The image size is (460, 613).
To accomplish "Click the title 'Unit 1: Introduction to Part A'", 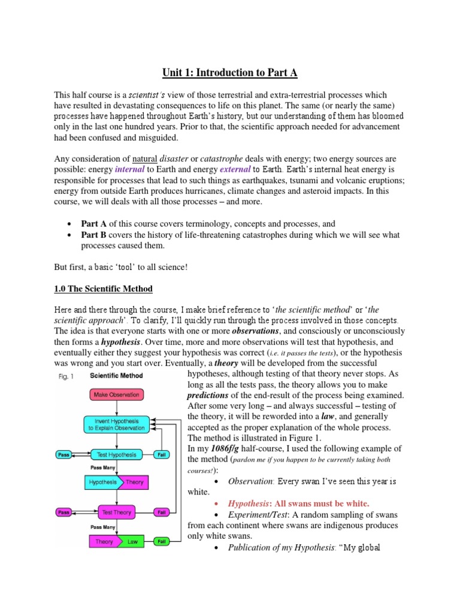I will pyautogui.click(x=230, y=73).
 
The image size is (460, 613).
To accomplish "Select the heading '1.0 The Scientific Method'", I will pyautogui.click(x=104, y=289).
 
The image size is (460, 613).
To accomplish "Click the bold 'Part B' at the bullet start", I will pyautogui.click(x=94, y=235).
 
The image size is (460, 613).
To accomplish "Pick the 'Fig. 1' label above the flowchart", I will pyautogui.click(x=63, y=376).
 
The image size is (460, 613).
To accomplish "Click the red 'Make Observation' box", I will pyautogui.click(x=116, y=395).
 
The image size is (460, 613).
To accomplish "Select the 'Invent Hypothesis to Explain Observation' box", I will pyautogui.click(x=116, y=424).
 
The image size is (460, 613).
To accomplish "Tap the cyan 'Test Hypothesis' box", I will pyautogui.click(x=116, y=454).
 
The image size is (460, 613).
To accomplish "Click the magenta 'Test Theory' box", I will pyautogui.click(x=116, y=512).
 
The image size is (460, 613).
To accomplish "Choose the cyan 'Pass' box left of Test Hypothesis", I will pyautogui.click(x=64, y=454).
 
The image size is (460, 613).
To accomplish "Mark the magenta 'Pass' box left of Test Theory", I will pyautogui.click(x=64, y=512).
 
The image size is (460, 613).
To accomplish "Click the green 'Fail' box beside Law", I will pyautogui.click(x=161, y=542).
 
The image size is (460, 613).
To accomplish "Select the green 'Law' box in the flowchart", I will pyautogui.click(x=132, y=542).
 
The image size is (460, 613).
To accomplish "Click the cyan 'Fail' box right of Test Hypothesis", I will pyautogui.click(x=161, y=454).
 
